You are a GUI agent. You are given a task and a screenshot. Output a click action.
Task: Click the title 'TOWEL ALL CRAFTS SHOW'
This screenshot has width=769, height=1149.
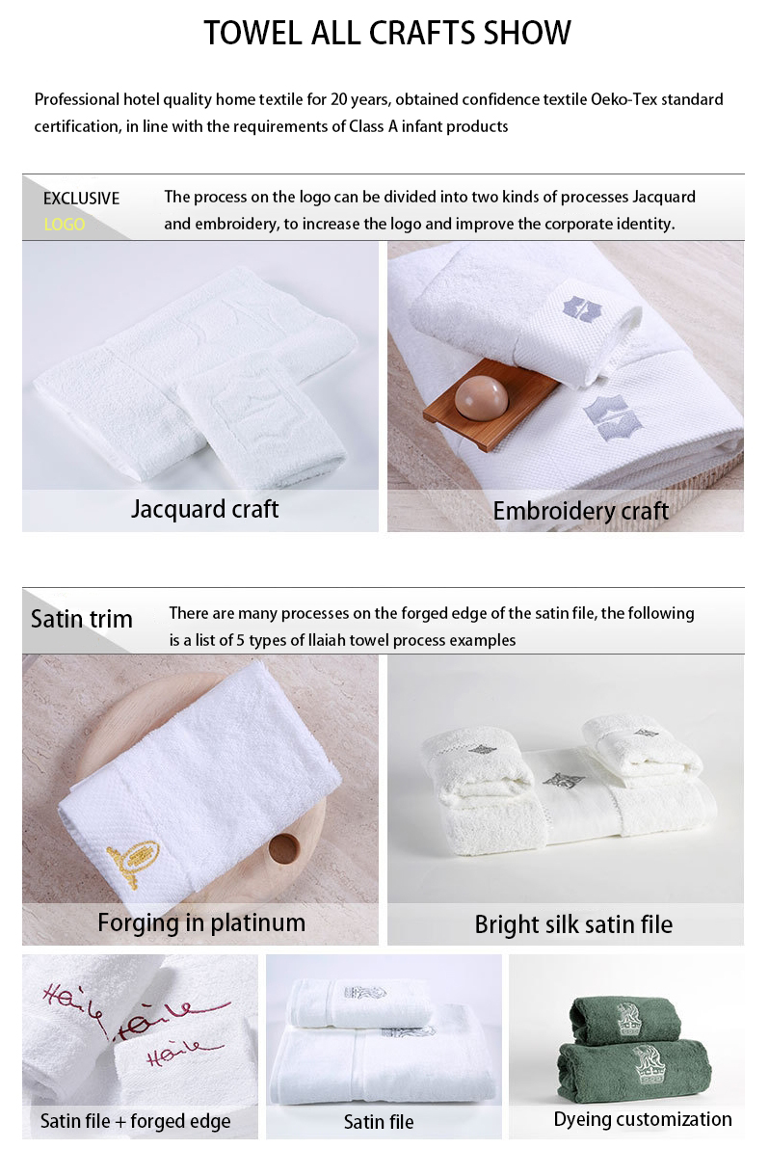pyautogui.click(x=387, y=33)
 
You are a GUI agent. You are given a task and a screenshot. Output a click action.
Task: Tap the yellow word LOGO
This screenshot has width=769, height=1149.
pyautogui.click(x=65, y=225)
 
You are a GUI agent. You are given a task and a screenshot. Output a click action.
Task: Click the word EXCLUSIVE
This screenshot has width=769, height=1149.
pyautogui.click(x=81, y=199)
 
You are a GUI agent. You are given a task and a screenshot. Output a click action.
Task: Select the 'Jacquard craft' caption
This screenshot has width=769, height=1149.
pyautogui.click(x=204, y=509)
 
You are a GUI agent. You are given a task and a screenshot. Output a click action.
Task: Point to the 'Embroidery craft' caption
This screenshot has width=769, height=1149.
pyautogui.click(x=580, y=511)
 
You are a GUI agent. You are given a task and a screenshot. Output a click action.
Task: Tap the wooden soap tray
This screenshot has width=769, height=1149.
pyautogui.click(x=491, y=410)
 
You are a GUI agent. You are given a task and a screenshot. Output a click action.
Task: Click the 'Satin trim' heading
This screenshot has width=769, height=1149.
pyautogui.click(x=81, y=619)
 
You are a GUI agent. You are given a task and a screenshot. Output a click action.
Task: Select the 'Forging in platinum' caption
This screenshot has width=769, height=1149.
pyautogui.click(x=200, y=922)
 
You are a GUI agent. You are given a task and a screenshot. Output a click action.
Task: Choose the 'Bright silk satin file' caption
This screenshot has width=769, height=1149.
pyautogui.click(x=572, y=925)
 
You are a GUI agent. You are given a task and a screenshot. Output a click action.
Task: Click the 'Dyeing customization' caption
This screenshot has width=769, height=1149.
pyautogui.click(x=642, y=1119)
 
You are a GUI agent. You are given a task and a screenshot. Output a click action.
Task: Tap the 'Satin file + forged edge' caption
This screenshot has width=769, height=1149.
pyautogui.click(x=135, y=1121)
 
